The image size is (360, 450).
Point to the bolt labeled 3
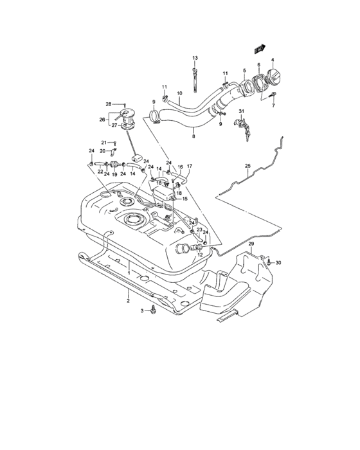click(155, 311)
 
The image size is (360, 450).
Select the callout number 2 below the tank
click(127, 300)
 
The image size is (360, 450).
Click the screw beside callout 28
click(124, 104)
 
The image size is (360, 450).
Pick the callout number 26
click(102, 119)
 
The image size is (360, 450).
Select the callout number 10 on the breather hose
click(179, 93)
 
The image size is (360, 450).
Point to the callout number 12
click(199, 255)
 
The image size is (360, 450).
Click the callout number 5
click(244, 69)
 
